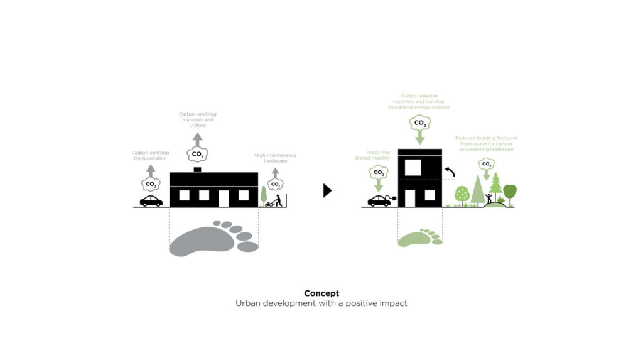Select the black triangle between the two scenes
pos(327,190)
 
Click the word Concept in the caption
pos(321,293)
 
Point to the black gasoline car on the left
pos(151,200)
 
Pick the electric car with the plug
pos(381,200)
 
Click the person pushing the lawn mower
pos(278,200)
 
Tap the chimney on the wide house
pos(197,170)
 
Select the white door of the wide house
pos(224,199)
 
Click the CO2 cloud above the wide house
pos(197,155)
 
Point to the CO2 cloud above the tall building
pos(420,123)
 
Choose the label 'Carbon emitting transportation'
pos(150,155)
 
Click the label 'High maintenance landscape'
pos(275,158)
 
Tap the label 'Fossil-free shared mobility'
pos(372,155)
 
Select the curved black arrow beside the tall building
pos(450,171)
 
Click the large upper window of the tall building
pos(413,168)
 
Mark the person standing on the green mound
pos(489,199)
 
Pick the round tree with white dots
pos(462,195)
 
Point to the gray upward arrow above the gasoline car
pos(151,171)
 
